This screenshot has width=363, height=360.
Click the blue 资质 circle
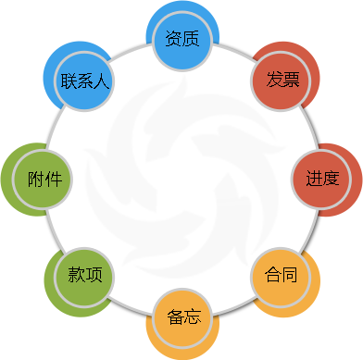click(182, 40)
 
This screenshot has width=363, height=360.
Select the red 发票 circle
click(282, 79)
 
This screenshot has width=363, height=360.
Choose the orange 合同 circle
click(282, 275)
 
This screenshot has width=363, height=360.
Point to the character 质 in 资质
click(192, 40)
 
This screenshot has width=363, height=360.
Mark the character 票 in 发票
click(291, 79)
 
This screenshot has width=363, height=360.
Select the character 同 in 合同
click(291, 275)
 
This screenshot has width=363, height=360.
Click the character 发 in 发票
click(272, 79)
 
